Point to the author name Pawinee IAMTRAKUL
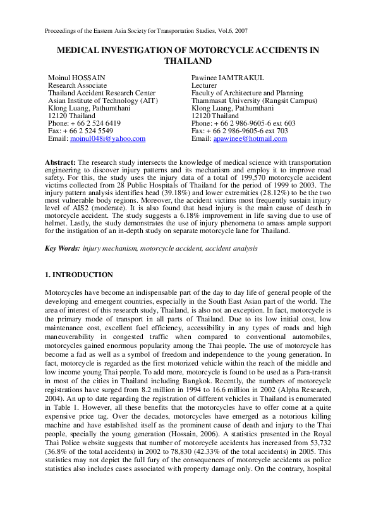point(226,77)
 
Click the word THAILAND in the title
point(188,61)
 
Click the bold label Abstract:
point(60,163)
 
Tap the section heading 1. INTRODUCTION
point(78,275)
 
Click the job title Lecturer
point(204,85)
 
